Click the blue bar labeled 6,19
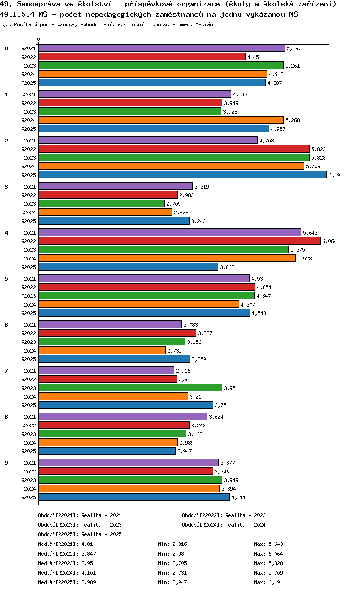tap(182, 175)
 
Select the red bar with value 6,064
tap(180, 241)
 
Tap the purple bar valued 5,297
tap(162, 48)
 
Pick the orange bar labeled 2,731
tap(102, 350)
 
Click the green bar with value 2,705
tap(101, 203)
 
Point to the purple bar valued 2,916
tap(106, 370)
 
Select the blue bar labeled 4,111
tap(134, 497)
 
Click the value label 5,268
tap(292, 120)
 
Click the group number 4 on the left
tap(6, 233)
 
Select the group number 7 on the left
tap(6, 371)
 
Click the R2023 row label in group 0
tap(29, 66)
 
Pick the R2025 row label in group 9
tap(29, 497)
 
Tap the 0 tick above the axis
tap(39, 39)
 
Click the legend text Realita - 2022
tap(245, 515)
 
